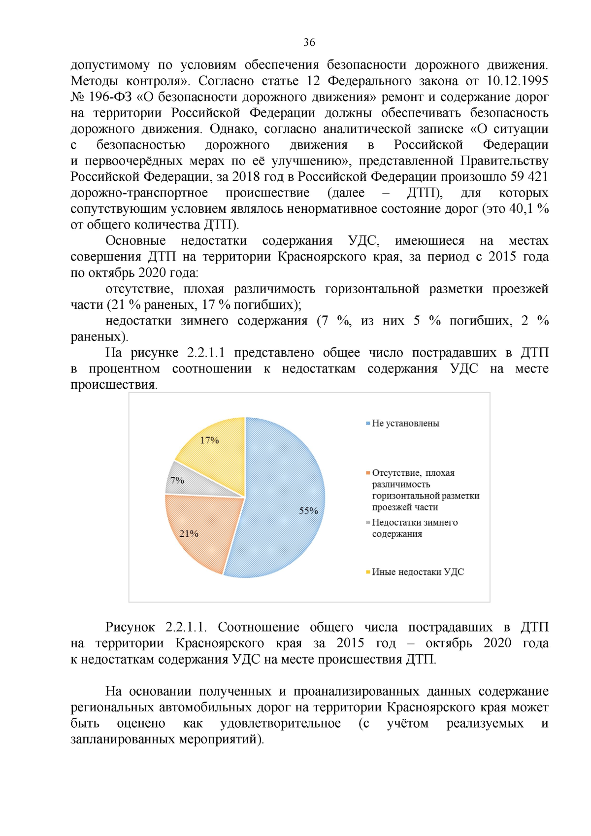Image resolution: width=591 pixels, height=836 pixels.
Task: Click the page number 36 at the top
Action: click(x=309, y=42)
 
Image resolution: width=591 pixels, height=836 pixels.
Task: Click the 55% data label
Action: click(x=308, y=511)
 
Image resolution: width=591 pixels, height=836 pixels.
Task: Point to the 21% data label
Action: click(x=189, y=534)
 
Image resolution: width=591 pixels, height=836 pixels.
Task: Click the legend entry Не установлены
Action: click(x=405, y=423)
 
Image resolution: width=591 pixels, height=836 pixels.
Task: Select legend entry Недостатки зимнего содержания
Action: click(x=414, y=528)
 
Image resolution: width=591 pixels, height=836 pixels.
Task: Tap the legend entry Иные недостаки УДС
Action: click(x=418, y=572)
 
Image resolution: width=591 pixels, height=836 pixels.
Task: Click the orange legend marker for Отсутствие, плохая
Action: click(x=368, y=473)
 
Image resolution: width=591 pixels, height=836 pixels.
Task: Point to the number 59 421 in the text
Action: click(x=529, y=176)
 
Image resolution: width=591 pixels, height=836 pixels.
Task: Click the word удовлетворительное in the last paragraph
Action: click(x=280, y=723)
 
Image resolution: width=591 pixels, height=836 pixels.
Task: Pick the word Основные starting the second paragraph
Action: click(x=135, y=240)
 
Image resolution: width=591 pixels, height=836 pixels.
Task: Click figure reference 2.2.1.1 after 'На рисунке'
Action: click(x=205, y=353)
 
